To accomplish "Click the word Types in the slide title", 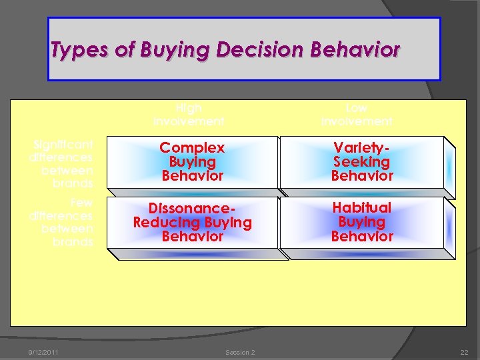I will (75, 50).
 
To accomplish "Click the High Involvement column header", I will (189, 115).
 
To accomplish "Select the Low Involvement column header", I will (357, 115).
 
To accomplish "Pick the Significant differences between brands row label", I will (61, 163).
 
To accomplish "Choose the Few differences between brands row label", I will (61, 222).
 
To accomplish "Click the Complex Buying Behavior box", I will (193, 162).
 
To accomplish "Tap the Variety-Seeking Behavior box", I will (362, 162).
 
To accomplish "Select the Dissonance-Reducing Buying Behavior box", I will (193, 223).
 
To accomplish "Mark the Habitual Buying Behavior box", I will (362, 223).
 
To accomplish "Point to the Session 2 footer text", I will (240, 352).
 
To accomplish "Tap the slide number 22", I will (463, 352).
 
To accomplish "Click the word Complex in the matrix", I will (193, 147).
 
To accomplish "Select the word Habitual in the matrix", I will (362, 208).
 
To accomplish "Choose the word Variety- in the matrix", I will (362, 147).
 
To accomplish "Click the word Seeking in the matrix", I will (362, 162).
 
